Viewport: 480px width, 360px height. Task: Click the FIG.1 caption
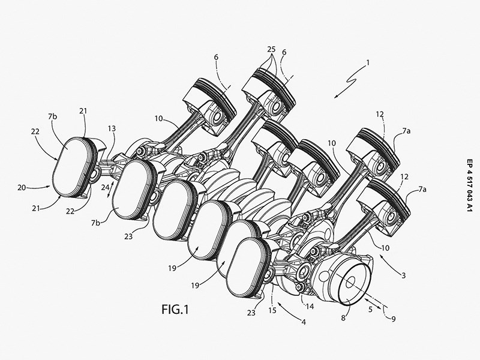pyautogui.click(x=175, y=310)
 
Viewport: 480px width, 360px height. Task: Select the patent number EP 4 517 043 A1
pyautogui.click(x=470, y=185)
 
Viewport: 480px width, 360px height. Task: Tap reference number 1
pyautogui.click(x=368, y=63)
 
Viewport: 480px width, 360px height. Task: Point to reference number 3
pyautogui.click(x=403, y=275)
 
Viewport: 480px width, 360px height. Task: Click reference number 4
pyautogui.click(x=304, y=322)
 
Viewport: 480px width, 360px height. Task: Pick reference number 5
pyautogui.click(x=370, y=309)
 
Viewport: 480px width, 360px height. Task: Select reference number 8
pyautogui.click(x=343, y=318)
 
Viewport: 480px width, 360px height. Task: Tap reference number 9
pyautogui.click(x=394, y=319)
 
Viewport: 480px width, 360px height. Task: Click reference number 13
pyautogui.click(x=112, y=128)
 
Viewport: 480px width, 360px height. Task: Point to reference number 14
pyautogui.click(x=310, y=306)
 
